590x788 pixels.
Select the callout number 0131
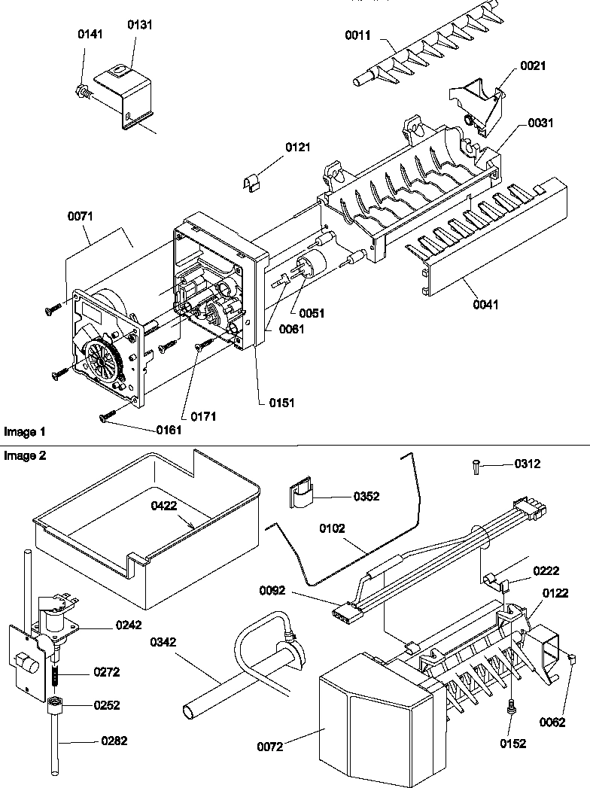tap(138, 24)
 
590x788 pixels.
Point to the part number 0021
tap(532, 65)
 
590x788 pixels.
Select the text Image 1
tap(25, 432)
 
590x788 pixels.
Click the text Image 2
tap(25, 456)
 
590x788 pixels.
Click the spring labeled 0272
tap(56, 671)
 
